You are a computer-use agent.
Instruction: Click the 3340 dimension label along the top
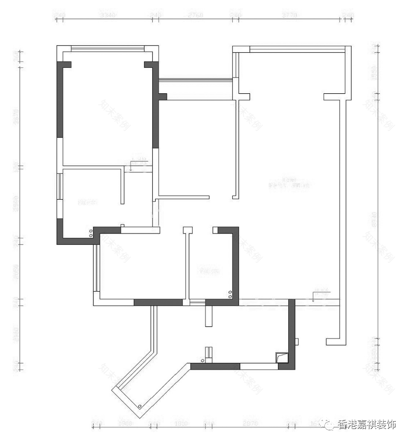107,16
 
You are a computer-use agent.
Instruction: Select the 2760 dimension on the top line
196,16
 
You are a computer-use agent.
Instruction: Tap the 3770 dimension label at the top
289,16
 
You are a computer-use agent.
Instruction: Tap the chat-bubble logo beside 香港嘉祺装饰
328,425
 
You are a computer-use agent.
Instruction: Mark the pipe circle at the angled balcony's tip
140,406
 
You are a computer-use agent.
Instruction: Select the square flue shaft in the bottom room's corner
281,358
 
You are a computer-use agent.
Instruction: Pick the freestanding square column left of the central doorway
186,230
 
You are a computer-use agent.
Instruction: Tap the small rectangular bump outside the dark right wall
297,340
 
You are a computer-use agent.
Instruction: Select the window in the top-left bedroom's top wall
108,48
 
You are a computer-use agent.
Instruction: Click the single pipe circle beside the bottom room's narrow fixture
200,360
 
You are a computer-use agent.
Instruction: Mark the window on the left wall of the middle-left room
59,186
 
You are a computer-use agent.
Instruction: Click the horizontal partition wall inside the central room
184,197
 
